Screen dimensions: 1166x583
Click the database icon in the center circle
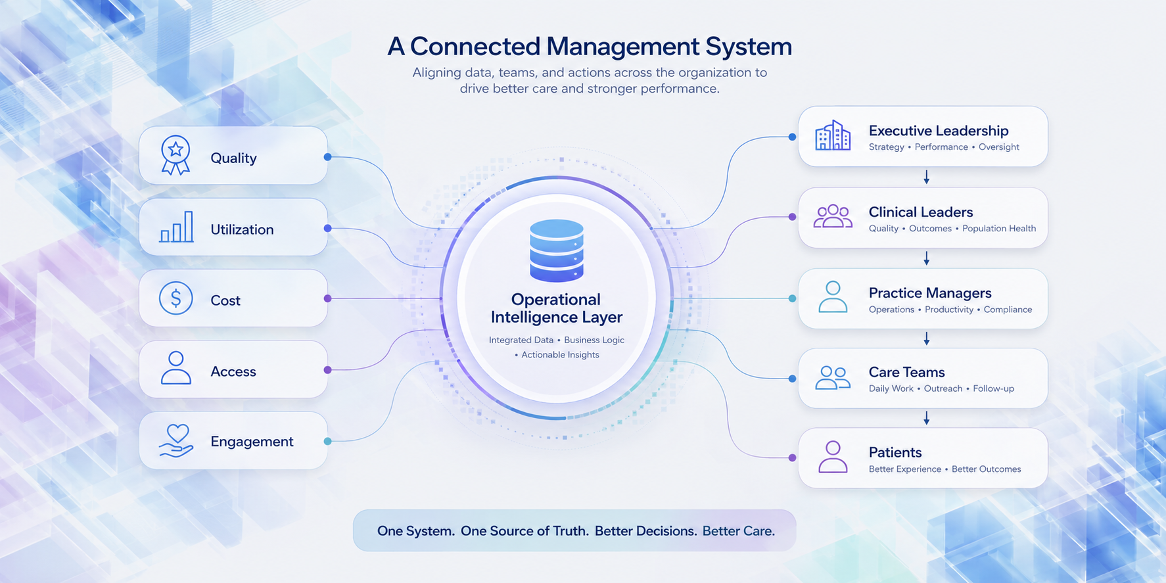[x=557, y=250]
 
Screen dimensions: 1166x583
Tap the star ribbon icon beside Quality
[x=175, y=155]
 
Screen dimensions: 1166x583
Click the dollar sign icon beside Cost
[x=175, y=298]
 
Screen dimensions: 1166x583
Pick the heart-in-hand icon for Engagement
[x=176, y=440]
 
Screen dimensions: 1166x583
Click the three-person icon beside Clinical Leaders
[x=833, y=216]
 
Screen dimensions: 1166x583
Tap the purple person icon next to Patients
[x=833, y=457]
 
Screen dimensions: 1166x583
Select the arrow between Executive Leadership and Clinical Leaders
[x=926, y=177]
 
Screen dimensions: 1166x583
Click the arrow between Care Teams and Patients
[x=926, y=418]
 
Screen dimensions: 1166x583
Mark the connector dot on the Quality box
[x=327, y=157]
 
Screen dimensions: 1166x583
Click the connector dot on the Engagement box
[x=327, y=441]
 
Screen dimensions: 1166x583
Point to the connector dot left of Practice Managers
[x=792, y=298]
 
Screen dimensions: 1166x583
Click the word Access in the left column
[x=233, y=371]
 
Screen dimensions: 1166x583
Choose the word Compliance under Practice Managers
[x=1008, y=310]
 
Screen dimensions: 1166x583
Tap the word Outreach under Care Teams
[x=943, y=388]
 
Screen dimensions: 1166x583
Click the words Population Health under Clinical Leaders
[x=999, y=229]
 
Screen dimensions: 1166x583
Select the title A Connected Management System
[x=590, y=46]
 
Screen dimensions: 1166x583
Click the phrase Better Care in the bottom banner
[x=739, y=531]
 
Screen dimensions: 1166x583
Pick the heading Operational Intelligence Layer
[x=557, y=308]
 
